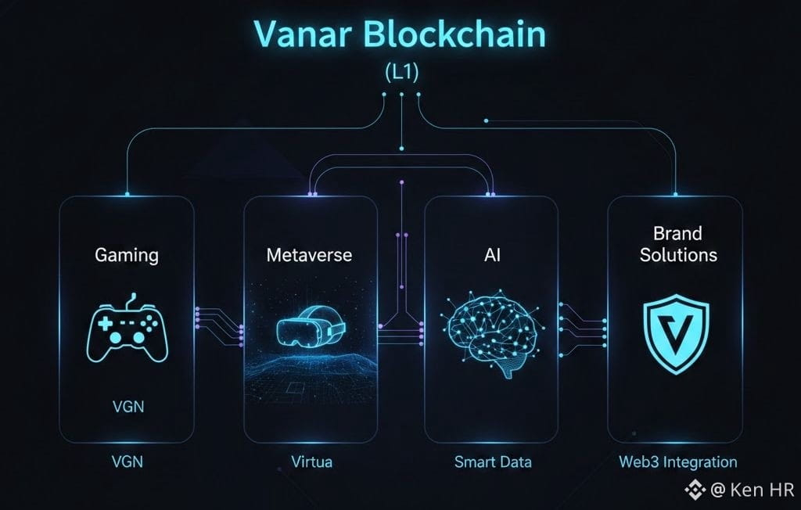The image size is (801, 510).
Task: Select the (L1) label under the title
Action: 400,72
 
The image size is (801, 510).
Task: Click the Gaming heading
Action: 127,254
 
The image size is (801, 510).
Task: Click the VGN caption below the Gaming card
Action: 127,462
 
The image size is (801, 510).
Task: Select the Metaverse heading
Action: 309,255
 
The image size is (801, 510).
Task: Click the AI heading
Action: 490,255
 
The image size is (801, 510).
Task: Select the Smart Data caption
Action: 493,462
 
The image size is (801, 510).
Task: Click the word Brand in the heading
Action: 678,233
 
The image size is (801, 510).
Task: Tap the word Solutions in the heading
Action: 678,255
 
